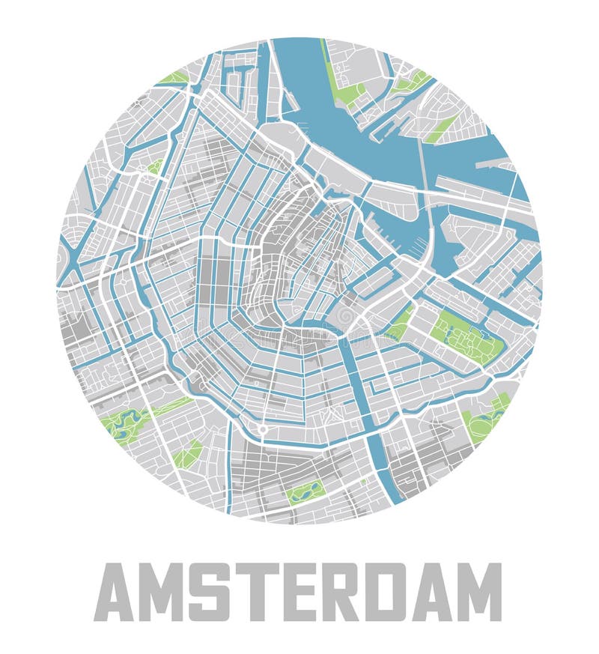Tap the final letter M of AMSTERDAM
(480, 592)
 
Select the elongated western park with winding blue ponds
(126, 423)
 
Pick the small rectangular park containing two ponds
(305, 491)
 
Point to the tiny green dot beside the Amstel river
(364, 482)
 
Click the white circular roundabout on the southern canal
(263, 429)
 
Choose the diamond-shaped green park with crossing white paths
(186, 453)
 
